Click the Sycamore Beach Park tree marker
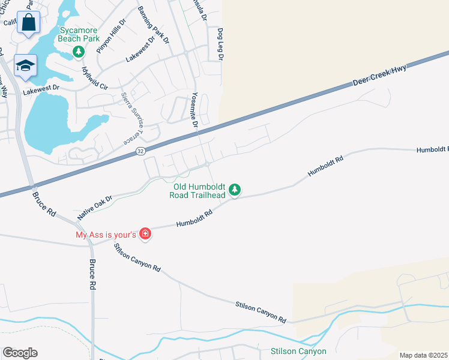coord(78,52)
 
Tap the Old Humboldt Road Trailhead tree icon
coord(235,190)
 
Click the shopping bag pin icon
coord(28,23)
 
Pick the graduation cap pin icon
coord(25,65)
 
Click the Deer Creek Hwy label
coord(379,75)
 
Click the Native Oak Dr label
coord(95,206)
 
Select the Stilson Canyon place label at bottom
coord(298,351)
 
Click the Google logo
coord(20,353)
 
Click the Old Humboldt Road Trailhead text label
coord(197,190)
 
